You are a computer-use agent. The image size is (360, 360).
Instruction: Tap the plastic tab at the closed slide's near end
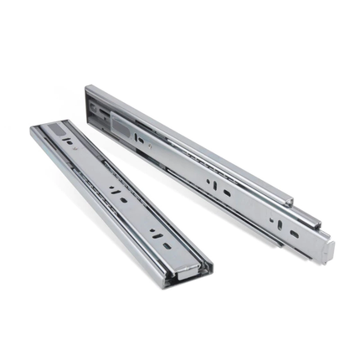point(191,270)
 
